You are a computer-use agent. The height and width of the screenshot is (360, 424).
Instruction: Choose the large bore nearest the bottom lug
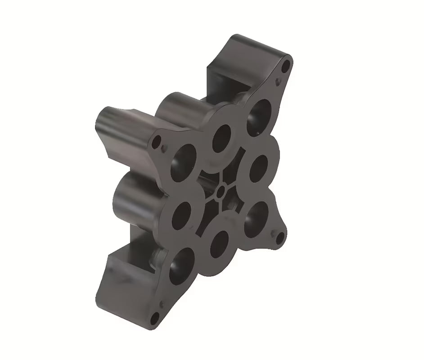[x=182, y=266]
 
